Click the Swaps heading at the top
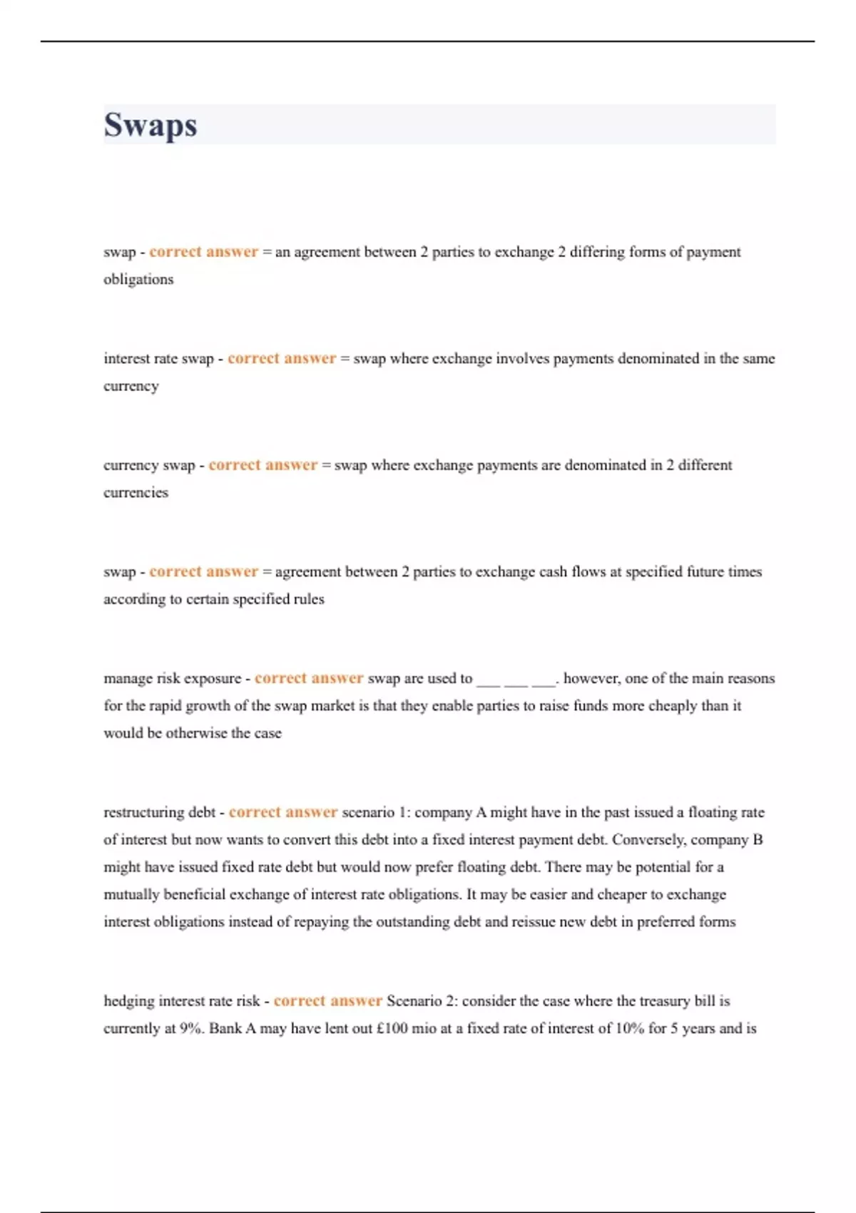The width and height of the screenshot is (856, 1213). pyautogui.click(x=151, y=125)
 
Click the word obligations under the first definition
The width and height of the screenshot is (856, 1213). pyautogui.click(x=138, y=280)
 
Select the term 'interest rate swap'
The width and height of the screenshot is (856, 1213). pyautogui.click(x=158, y=359)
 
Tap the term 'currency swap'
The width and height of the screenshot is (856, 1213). pyautogui.click(x=149, y=465)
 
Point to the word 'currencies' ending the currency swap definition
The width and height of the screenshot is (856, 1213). pyautogui.click(x=136, y=492)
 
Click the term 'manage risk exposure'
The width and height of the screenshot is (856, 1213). pyautogui.click(x=172, y=679)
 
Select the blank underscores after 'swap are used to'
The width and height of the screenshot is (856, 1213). pyautogui.click(x=516, y=679)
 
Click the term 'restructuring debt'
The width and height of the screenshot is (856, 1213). pyautogui.click(x=159, y=813)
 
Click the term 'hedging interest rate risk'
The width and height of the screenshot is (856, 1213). pyautogui.click(x=182, y=1001)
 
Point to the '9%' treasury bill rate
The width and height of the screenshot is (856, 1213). pyautogui.click(x=191, y=1029)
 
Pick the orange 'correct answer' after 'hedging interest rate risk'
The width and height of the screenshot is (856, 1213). pyautogui.click(x=327, y=1001)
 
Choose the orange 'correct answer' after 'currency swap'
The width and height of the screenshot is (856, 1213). pyautogui.click(x=263, y=465)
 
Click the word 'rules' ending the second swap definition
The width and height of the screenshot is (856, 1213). pyautogui.click(x=308, y=599)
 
